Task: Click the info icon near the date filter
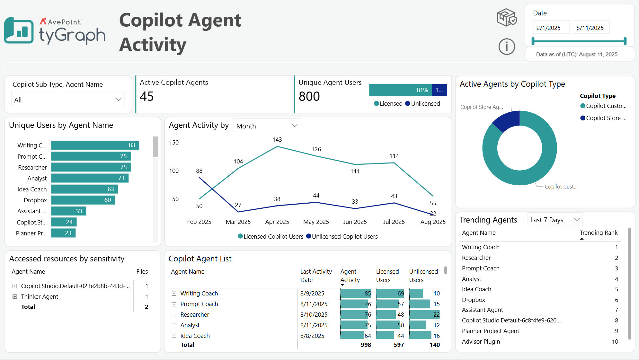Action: click(507, 47)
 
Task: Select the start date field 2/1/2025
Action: click(551, 28)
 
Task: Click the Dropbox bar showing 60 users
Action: click(83, 200)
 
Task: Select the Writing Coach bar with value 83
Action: click(95, 145)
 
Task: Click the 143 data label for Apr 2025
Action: click(277, 140)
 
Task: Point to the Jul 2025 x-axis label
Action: click(394, 222)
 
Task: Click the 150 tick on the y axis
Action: click(174, 143)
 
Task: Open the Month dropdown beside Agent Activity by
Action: click(267, 126)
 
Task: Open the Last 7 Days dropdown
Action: click(555, 220)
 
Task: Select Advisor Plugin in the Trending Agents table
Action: click(481, 342)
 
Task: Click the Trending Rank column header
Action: click(598, 233)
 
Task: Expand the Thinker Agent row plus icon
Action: click(15, 297)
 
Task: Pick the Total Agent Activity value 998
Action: click(366, 345)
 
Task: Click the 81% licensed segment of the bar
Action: click(400, 90)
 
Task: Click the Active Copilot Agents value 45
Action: click(147, 96)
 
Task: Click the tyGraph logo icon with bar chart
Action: click(19, 31)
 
